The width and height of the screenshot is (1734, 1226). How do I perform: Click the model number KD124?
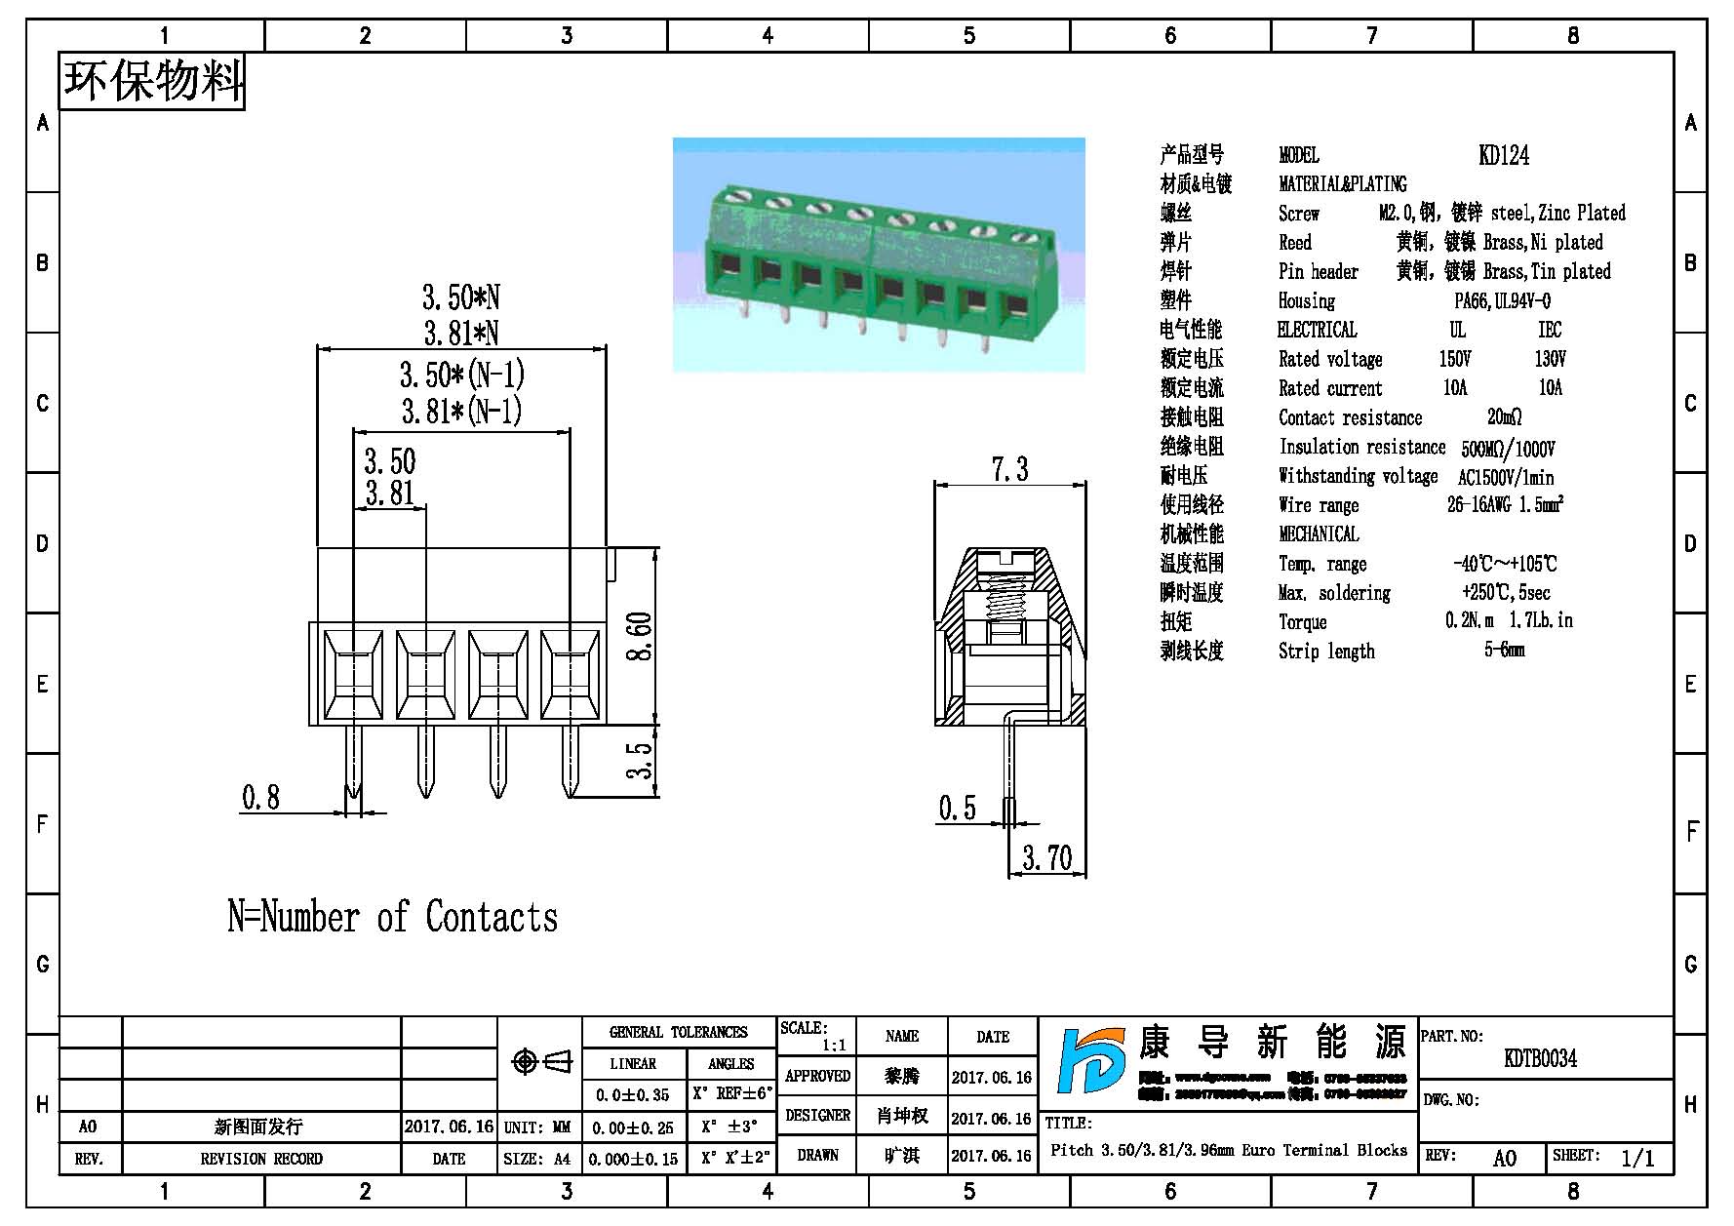click(1503, 155)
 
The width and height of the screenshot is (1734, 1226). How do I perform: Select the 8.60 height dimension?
click(640, 636)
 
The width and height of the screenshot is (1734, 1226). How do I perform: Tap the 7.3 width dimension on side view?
click(1009, 470)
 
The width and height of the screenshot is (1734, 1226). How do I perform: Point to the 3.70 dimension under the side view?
click(1046, 858)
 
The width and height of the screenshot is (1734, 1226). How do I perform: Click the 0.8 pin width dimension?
click(260, 798)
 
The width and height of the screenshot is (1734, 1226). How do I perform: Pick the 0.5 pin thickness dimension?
click(957, 809)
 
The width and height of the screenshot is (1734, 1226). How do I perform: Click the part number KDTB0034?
click(1540, 1058)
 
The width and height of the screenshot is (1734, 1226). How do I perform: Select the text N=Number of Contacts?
click(392, 918)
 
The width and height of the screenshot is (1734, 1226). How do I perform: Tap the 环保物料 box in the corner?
click(152, 81)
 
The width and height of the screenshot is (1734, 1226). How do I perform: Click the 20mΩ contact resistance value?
click(1504, 417)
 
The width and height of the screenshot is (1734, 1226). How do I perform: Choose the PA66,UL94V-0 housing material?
click(1502, 301)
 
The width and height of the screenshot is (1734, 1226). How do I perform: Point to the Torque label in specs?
click(1302, 622)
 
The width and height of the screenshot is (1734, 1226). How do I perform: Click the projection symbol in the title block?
click(541, 1061)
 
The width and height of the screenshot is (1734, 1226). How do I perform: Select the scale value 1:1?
click(834, 1046)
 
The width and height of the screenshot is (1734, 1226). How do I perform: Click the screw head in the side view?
click(1009, 560)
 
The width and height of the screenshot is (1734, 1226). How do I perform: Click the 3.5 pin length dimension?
click(639, 761)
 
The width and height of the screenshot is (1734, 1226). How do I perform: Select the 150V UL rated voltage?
click(1454, 360)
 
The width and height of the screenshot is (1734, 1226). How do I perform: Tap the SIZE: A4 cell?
click(537, 1159)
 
